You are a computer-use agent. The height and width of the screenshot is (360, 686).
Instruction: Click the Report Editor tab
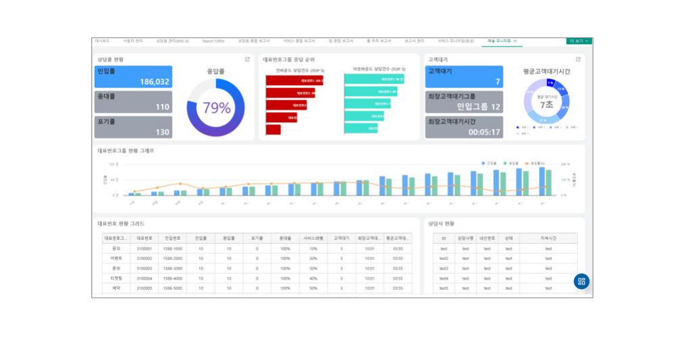[213, 41]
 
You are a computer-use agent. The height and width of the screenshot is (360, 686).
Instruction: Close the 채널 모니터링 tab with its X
[515, 41]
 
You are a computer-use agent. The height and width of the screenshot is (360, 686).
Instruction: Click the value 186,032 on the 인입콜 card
[155, 82]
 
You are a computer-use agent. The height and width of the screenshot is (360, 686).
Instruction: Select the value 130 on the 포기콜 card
[162, 132]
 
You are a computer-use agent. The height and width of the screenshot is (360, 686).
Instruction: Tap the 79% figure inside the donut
[217, 107]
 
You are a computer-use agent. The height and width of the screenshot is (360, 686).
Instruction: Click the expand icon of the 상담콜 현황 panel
[247, 59]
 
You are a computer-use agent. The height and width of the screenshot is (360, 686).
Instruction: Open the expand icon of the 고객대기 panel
[577, 59]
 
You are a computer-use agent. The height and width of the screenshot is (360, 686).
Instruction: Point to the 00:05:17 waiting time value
[484, 132]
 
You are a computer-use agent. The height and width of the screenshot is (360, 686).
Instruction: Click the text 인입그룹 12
[479, 107]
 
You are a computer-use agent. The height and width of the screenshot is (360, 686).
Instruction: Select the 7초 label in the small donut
[546, 105]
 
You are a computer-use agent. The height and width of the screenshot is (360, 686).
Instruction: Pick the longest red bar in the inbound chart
[295, 80]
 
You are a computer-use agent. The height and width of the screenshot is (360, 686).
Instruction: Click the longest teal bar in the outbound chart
[374, 80]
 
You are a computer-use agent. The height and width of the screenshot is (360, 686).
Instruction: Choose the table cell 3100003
[144, 268]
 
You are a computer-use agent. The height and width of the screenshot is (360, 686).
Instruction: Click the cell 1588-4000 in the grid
[173, 278]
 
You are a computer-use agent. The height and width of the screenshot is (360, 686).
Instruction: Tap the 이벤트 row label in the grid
[116, 258]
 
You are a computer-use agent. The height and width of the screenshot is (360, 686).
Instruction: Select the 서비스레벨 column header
[313, 238]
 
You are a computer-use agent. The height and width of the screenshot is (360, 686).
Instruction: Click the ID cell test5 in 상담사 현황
[444, 288]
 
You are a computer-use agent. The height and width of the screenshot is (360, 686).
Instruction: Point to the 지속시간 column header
[548, 238]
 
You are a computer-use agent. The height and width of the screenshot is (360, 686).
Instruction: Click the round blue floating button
[581, 282]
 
